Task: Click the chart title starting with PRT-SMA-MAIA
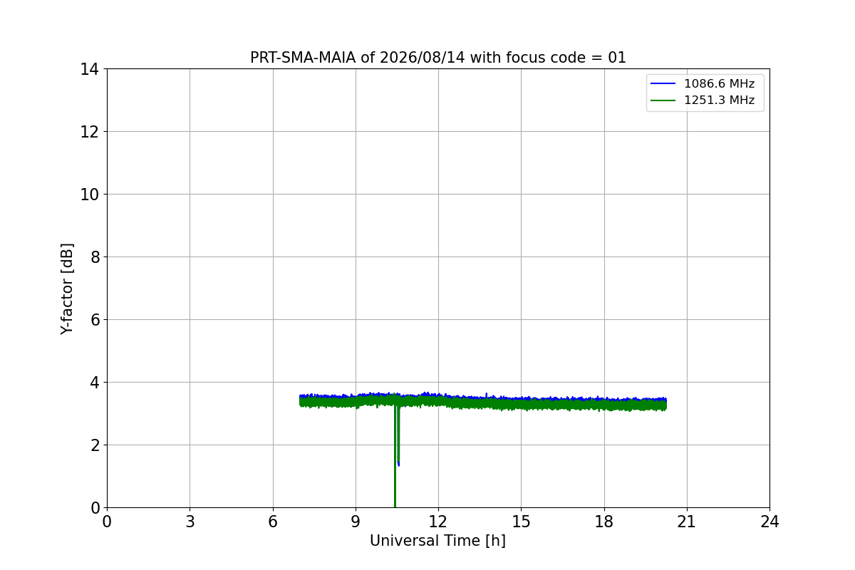tap(437, 58)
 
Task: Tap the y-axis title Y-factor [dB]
tap(67, 289)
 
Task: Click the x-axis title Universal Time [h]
tap(437, 541)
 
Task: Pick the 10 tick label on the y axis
tap(89, 195)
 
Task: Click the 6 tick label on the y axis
tap(95, 319)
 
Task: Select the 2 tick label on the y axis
tap(95, 445)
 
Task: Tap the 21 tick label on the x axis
tap(687, 522)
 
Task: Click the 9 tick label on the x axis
tap(356, 522)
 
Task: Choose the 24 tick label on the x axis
tap(769, 522)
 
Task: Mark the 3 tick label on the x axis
tap(190, 522)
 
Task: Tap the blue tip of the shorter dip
tap(398, 465)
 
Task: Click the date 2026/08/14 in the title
tap(423, 58)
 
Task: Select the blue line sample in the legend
tap(663, 83)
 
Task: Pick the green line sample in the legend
tap(663, 100)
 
